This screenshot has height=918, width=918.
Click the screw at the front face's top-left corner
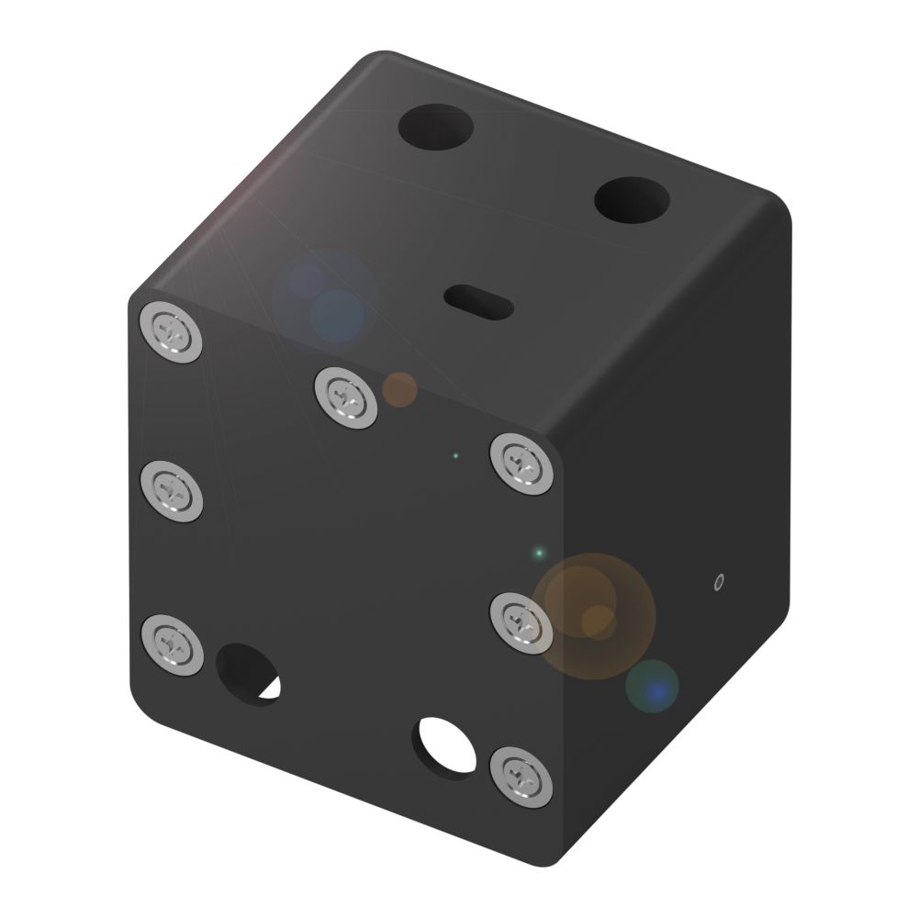click(x=172, y=331)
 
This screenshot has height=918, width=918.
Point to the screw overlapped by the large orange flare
click(x=521, y=622)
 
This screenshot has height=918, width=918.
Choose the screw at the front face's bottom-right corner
click(x=521, y=777)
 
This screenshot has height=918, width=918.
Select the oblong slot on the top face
click(x=477, y=300)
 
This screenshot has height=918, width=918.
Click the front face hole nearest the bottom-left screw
click(x=250, y=674)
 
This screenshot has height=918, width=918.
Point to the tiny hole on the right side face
click(x=719, y=581)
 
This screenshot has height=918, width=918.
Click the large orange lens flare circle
click(x=595, y=616)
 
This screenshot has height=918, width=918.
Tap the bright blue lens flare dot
click(x=653, y=687)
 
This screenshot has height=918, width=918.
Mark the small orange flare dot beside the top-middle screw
click(x=399, y=389)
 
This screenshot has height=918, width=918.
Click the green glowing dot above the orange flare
click(x=540, y=553)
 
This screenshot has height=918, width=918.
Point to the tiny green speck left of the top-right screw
click(x=454, y=455)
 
